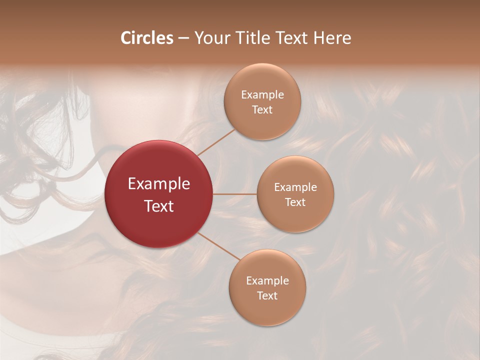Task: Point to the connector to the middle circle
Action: [235, 194]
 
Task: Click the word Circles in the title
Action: [147, 38]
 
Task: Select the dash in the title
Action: [183, 38]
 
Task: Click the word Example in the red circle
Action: [159, 184]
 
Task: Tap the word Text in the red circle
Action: [159, 206]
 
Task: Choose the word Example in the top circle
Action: [262, 95]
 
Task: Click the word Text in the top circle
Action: [262, 109]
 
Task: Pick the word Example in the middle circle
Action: [295, 187]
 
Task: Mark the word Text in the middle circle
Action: [295, 202]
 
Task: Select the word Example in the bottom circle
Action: [267, 281]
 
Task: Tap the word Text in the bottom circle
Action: [267, 295]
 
